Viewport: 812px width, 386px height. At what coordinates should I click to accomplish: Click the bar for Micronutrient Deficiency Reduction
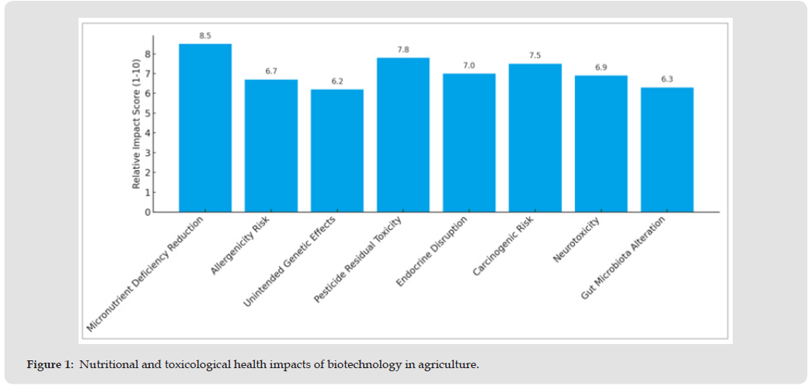coord(205,128)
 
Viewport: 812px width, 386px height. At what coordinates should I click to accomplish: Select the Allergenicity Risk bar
coord(271,146)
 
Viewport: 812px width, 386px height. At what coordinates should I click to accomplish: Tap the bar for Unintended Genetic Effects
coord(337,151)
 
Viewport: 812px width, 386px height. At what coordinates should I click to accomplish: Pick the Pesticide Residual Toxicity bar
coord(403,135)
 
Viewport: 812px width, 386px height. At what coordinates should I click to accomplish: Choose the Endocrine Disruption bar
coord(469,143)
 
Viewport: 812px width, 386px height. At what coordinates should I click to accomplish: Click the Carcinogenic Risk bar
coord(535,138)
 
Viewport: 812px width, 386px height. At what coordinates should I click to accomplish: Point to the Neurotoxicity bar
coord(601,144)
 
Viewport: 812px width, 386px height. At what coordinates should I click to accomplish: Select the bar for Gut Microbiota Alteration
coord(667,150)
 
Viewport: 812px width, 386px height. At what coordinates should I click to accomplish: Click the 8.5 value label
coord(205,36)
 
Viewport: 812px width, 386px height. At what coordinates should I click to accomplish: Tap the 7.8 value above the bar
coord(403,50)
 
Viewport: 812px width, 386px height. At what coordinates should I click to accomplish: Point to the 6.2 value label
coord(337,81)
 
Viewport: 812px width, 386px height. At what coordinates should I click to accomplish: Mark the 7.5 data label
coord(535,55)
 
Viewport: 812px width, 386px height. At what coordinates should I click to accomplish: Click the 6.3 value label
coord(667,78)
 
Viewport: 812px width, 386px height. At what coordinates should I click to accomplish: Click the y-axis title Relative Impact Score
coord(137,124)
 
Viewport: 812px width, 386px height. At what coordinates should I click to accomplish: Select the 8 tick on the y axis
coord(147,54)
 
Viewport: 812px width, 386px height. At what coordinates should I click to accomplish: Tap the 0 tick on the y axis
coord(147,212)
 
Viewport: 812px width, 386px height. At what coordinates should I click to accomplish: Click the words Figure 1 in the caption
coord(51,364)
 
